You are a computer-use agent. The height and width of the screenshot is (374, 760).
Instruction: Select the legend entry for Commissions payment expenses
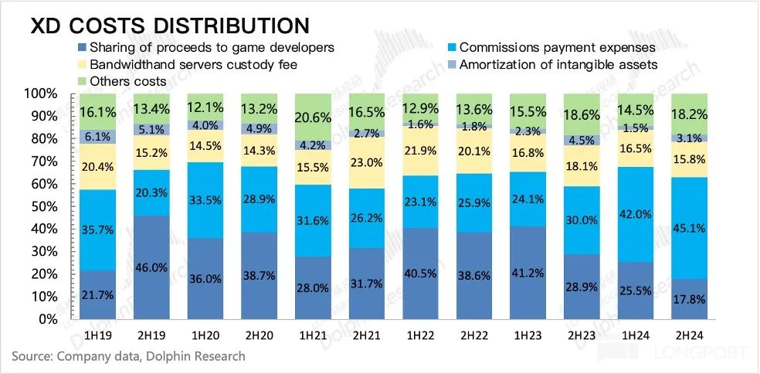pyautogui.click(x=557, y=48)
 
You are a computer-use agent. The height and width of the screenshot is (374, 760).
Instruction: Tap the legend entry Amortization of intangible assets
pyautogui.click(x=558, y=64)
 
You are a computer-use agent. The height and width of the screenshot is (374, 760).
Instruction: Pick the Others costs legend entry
pyautogui.click(x=127, y=80)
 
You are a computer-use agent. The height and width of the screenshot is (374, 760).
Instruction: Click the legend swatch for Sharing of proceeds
pyautogui.click(x=83, y=48)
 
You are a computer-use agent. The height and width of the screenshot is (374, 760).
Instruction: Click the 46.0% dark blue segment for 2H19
pyautogui.click(x=151, y=267)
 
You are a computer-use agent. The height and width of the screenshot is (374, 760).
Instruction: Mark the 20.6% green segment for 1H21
pyautogui.click(x=315, y=116)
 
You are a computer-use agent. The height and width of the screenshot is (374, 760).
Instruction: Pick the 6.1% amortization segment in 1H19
pyautogui.click(x=97, y=137)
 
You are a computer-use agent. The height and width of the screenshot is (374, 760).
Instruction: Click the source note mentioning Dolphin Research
pyautogui.click(x=128, y=356)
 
